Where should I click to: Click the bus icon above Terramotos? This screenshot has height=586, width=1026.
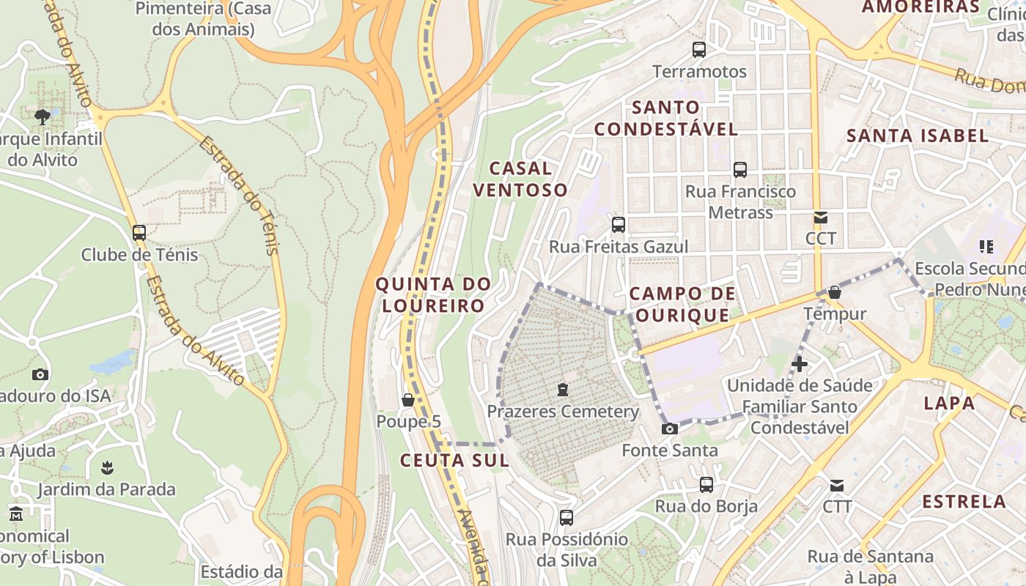click(x=699, y=50)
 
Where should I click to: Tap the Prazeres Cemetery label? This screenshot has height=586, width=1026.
click(x=563, y=412)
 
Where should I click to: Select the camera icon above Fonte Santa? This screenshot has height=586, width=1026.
click(x=669, y=429)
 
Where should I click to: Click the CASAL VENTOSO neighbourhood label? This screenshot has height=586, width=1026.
click(x=520, y=179)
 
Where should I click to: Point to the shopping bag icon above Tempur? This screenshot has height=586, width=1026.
click(x=834, y=293)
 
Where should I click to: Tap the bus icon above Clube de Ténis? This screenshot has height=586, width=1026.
click(x=139, y=233)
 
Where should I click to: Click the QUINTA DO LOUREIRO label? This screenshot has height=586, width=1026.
click(x=432, y=294)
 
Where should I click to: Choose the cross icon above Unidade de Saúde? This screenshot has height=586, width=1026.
click(x=799, y=363)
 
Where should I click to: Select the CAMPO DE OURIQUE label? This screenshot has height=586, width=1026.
click(x=682, y=305)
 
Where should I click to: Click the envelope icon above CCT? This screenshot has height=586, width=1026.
click(x=820, y=218)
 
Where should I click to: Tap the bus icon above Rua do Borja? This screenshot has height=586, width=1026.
click(x=706, y=484)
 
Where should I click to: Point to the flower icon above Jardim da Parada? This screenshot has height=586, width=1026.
click(x=107, y=467)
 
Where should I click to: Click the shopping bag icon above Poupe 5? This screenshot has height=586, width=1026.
click(x=408, y=400)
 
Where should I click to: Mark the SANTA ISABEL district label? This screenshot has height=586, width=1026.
click(x=918, y=136)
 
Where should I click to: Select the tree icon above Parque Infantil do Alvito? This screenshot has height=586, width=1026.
click(x=43, y=116)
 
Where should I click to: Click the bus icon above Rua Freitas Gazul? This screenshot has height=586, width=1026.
click(x=619, y=224)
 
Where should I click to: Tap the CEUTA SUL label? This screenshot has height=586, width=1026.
click(x=454, y=461)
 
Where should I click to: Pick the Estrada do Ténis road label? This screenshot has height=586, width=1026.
click(x=240, y=196)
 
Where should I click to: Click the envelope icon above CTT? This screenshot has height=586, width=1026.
click(x=836, y=485)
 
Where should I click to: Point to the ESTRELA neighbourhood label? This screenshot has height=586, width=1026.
click(x=964, y=502)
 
